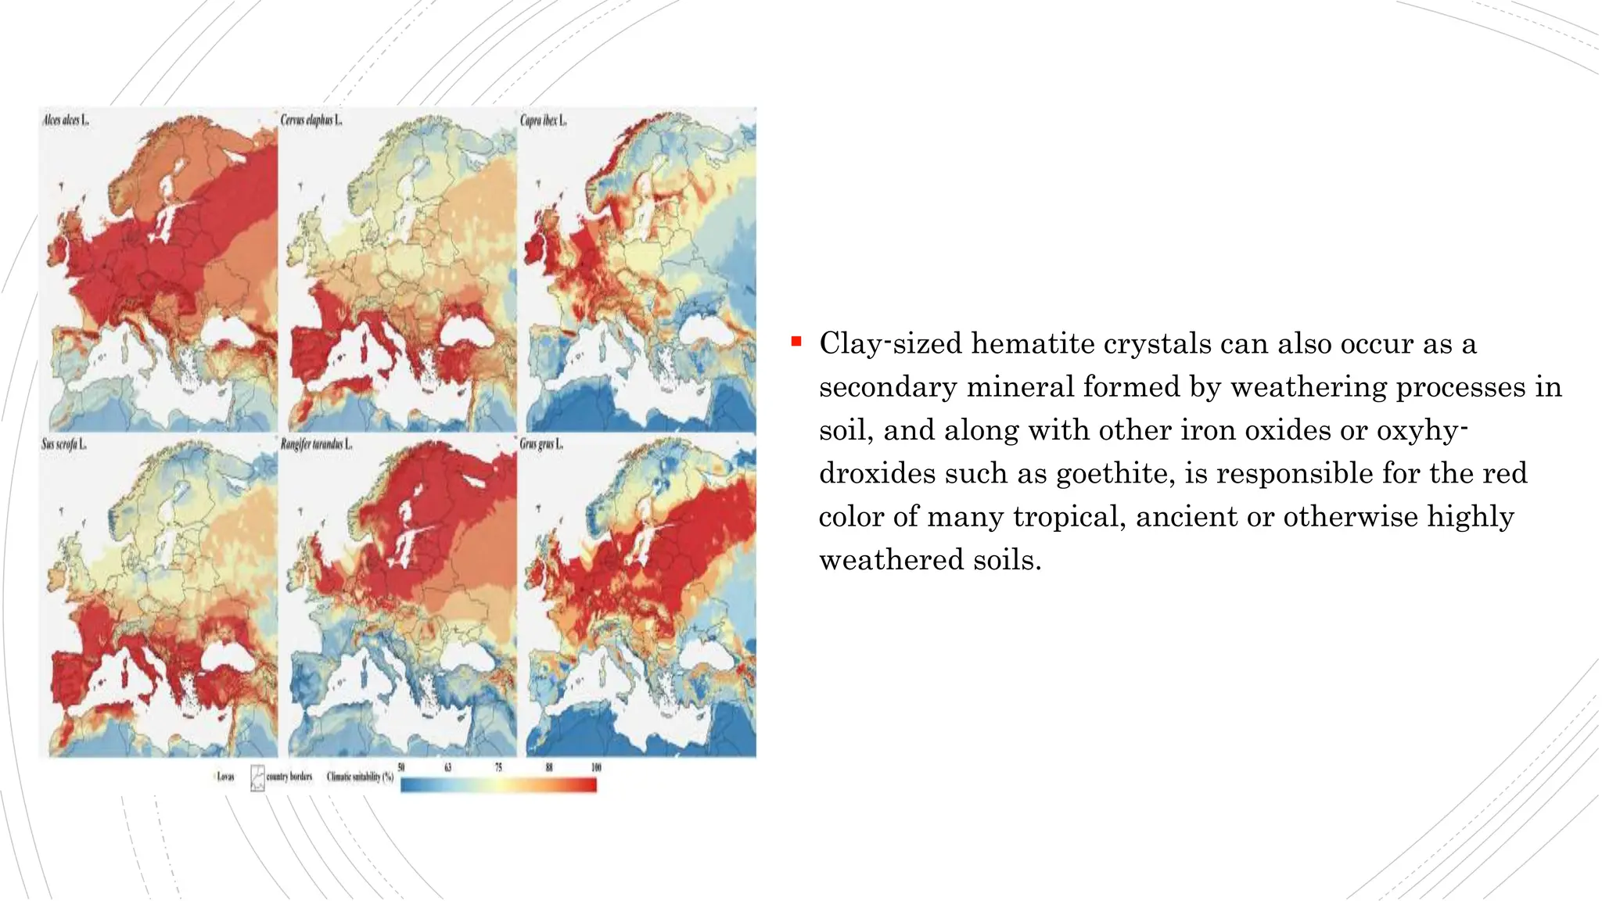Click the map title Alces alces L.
click(x=66, y=120)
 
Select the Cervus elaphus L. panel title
click(x=311, y=120)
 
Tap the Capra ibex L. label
click(x=543, y=120)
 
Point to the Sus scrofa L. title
click(x=64, y=444)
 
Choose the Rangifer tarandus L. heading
click(x=317, y=444)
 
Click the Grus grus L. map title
click(x=541, y=444)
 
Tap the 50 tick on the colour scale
click(x=401, y=767)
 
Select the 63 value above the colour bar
click(x=448, y=767)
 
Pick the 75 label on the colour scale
click(x=498, y=767)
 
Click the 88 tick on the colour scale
click(x=548, y=767)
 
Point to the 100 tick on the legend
click(x=596, y=767)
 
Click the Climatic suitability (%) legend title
click(x=360, y=777)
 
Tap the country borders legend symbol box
click(x=257, y=777)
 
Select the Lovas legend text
click(x=225, y=777)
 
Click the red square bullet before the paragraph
click(x=796, y=341)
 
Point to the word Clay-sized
click(x=890, y=343)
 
